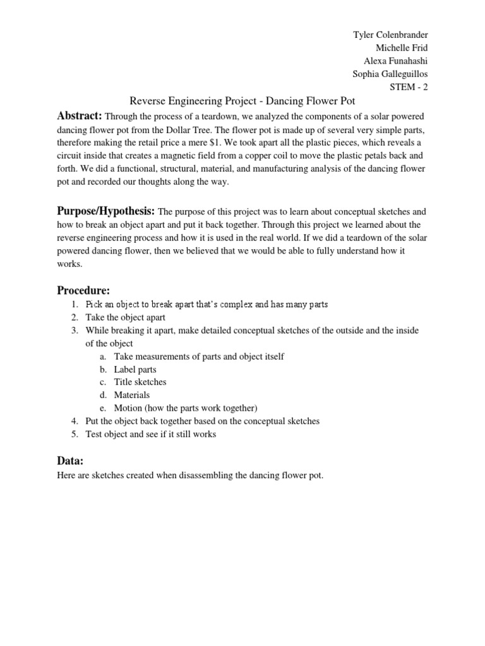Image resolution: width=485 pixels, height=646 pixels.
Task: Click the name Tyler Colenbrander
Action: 390,34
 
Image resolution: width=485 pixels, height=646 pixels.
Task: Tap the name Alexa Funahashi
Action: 395,61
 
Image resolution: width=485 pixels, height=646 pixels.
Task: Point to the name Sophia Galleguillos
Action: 390,74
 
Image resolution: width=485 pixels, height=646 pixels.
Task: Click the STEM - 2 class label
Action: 409,87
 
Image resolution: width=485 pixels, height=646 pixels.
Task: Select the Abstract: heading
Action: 80,116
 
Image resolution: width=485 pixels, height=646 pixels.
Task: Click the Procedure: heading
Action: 84,290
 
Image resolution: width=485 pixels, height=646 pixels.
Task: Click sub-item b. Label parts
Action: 135,369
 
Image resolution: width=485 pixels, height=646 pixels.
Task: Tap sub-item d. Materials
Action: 131,395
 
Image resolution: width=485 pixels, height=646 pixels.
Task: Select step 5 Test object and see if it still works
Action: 151,434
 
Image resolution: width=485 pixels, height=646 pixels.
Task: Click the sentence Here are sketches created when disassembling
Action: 190,476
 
